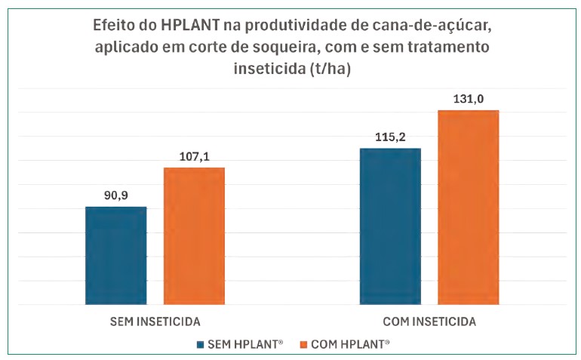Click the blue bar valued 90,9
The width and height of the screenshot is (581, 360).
[115, 255]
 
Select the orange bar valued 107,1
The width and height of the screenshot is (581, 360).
[194, 235]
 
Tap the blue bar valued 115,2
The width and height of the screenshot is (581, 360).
[389, 226]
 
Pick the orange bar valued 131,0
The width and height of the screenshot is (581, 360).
[468, 208]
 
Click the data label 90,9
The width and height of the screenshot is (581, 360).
[115, 195]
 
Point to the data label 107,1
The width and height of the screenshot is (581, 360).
[194, 156]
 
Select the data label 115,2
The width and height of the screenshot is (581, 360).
[389, 137]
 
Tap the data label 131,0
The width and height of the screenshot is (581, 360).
[468, 99]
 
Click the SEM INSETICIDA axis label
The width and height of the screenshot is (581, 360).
[155, 321]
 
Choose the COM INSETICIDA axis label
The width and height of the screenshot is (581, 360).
[429, 321]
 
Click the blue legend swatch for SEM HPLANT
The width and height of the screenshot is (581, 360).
[200, 344]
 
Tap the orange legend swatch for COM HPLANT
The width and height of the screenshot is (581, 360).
[305, 344]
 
